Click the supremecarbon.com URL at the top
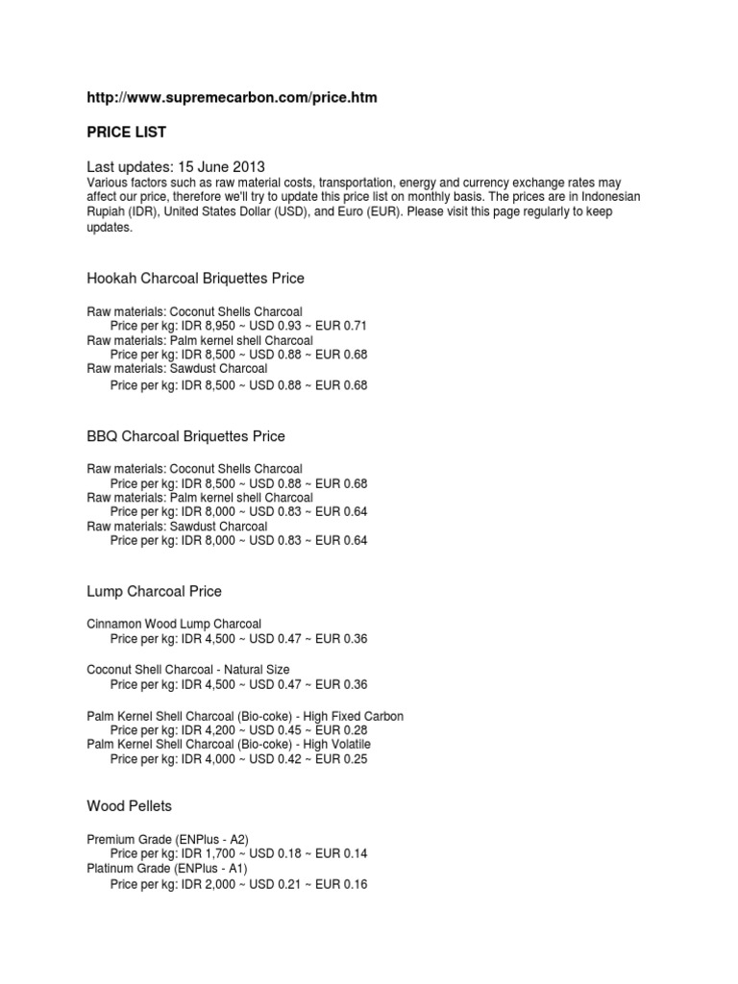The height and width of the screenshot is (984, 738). [227, 98]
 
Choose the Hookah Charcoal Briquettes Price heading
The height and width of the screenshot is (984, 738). [196, 279]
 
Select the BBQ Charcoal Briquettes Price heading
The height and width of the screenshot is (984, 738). [186, 436]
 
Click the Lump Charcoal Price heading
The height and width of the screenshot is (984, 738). [155, 591]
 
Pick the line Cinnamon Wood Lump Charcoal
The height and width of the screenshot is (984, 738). [174, 625]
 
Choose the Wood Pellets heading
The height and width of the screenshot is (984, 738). [130, 805]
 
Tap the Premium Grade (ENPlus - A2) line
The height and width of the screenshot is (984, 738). [167, 839]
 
